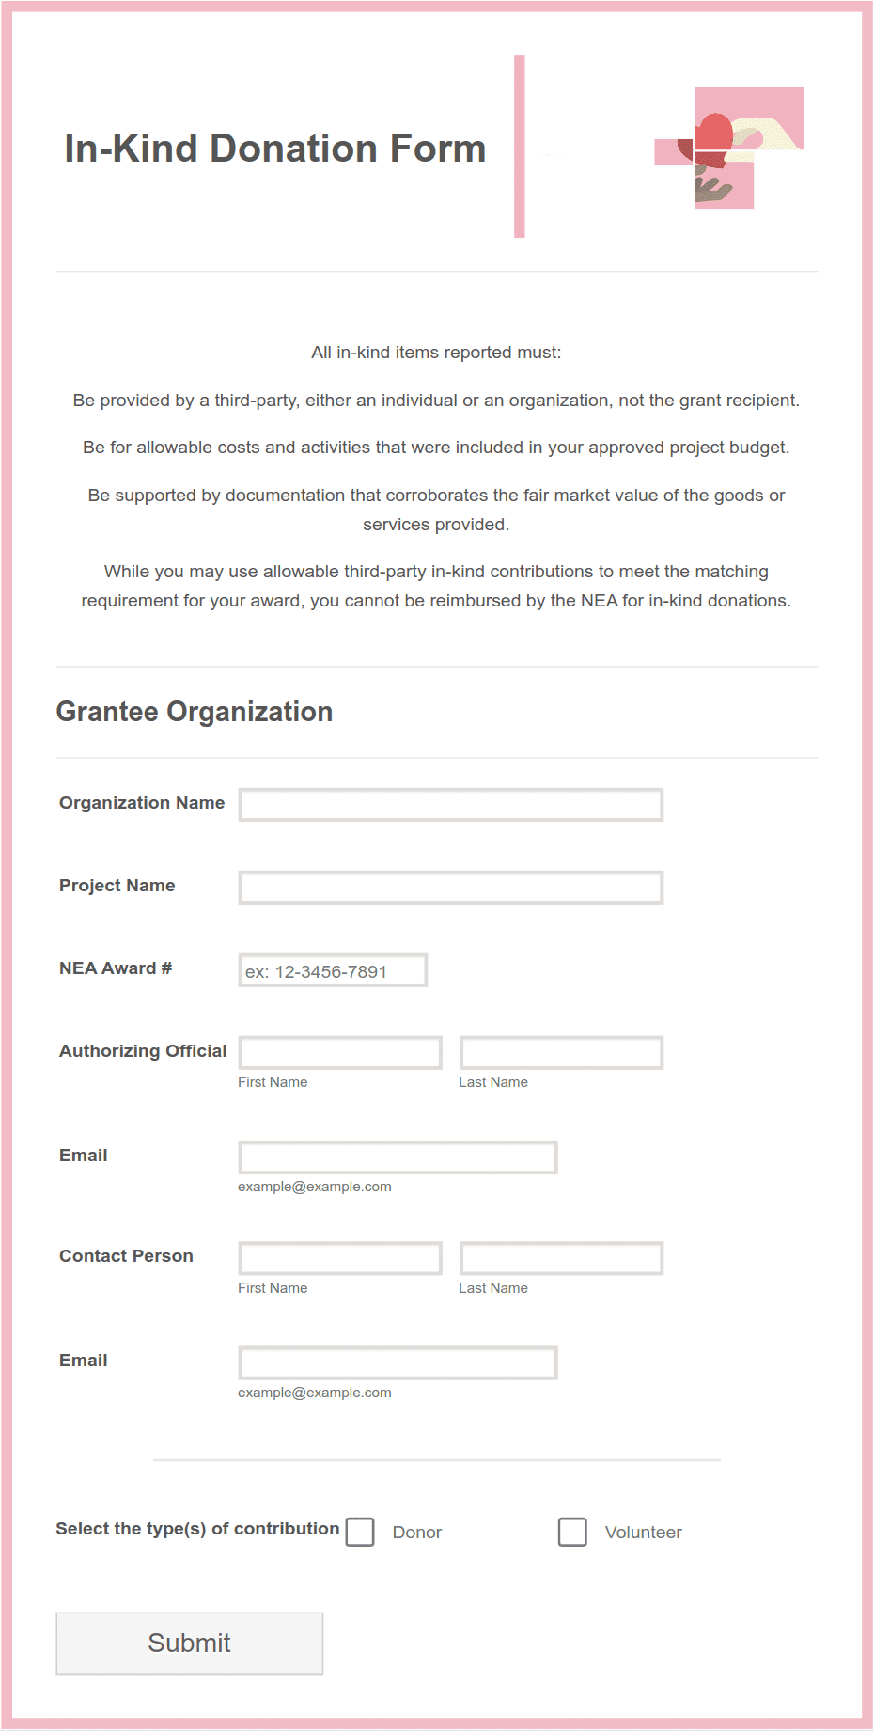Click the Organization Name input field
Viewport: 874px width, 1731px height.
(451, 805)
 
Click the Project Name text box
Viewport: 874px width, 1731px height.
(451, 888)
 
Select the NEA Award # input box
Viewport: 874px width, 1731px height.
(333, 970)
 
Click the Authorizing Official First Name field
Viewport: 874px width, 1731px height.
(340, 1053)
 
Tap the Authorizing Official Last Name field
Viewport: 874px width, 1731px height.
(561, 1053)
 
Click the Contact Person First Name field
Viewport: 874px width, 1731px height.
(340, 1258)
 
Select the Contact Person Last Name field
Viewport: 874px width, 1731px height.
(561, 1258)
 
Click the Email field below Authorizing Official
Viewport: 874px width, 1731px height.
(398, 1157)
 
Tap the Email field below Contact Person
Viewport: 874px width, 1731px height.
(398, 1363)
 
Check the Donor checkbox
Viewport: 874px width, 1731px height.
(360, 1532)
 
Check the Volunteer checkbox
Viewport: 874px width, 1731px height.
(572, 1532)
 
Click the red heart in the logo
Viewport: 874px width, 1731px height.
(714, 134)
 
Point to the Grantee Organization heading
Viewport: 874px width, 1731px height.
(195, 712)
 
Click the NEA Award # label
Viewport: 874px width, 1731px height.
(116, 968)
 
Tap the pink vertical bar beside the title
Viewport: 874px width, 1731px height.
(519, 147)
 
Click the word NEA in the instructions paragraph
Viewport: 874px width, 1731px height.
(599, 601)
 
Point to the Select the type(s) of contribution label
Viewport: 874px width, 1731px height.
(197, 1529)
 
